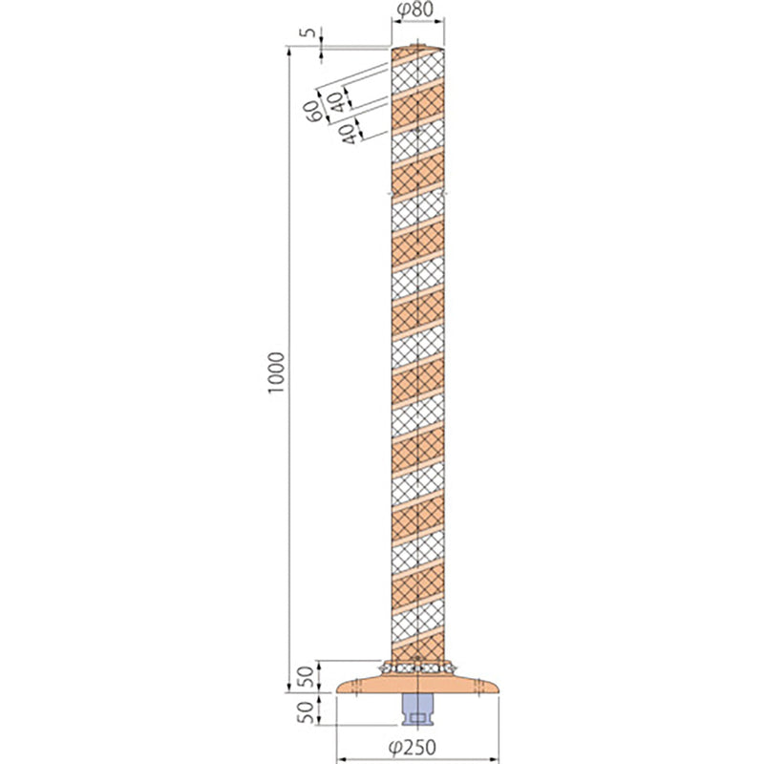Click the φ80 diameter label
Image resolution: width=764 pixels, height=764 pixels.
point(415,10)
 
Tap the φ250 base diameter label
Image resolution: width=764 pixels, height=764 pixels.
point(413,747)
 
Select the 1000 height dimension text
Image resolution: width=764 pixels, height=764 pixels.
point(276,373)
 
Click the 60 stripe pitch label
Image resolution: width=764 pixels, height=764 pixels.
point(313,112)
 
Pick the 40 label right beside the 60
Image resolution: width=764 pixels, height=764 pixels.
point(336,102)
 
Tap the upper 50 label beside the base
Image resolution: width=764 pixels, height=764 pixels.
point(306,676)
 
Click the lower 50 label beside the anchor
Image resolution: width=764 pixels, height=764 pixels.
point(306,712)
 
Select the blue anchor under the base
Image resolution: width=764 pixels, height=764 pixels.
point(417,711)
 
